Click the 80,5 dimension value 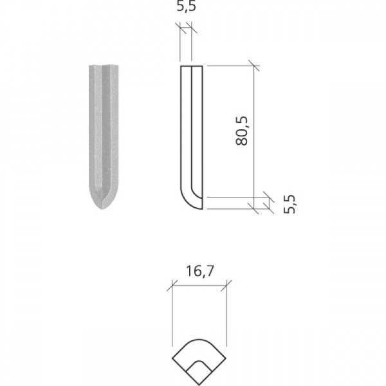(x=243, y=131)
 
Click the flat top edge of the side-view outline (x=191, y=66)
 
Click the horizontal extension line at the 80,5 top (x=232, y=66)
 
